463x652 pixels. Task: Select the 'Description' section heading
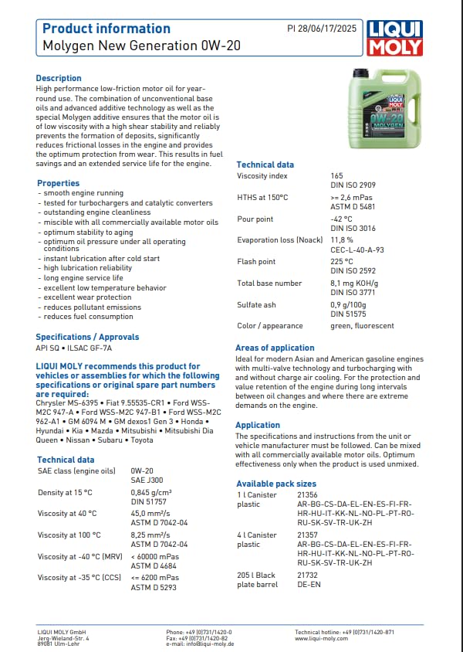tap(59, 78)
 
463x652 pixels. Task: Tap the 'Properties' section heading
tap(59, 183)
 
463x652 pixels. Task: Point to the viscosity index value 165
tap(336, 176)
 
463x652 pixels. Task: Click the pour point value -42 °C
tap(341, 219)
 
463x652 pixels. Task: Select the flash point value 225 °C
tap(342, 262)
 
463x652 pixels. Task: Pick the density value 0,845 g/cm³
tap(151, 492)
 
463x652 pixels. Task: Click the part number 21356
tap(307, 494)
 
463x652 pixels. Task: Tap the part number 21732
tap(307, 576)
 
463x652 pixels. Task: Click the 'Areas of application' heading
tap(275, 348)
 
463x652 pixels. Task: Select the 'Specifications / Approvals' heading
tap(87, 337)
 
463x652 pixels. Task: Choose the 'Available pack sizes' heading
tap(275, 484)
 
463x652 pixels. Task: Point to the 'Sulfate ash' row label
tap(256, 305)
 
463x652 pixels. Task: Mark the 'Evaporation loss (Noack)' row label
tap(279, 240)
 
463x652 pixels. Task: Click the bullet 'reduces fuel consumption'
tap(88, 317)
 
